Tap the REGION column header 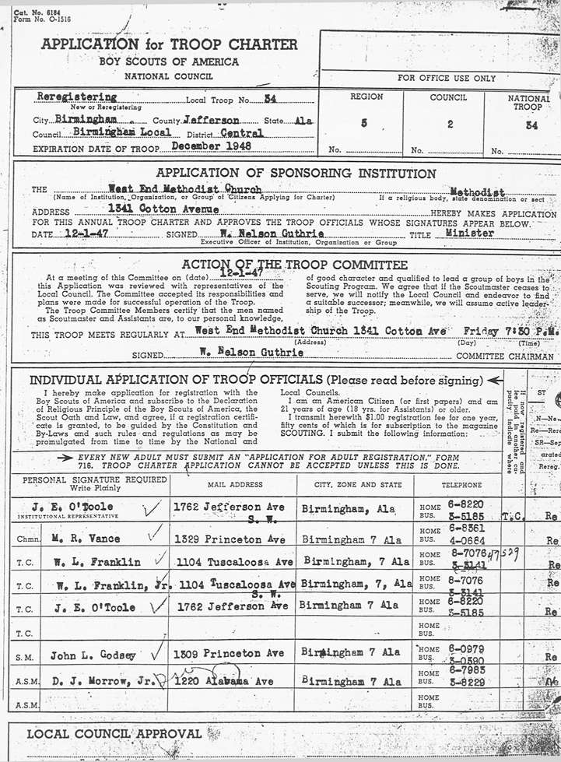[x=366, y=97]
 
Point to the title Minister [x=469, y=233]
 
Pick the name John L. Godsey [x=93, y=655]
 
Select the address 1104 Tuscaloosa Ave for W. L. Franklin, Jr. [x=231, y=584]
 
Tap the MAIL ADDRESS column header [x=231, y=483]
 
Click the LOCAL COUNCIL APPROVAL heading [x=114, y=733]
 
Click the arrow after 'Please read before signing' [x=493, y=380]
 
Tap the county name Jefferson [x=212, y=121]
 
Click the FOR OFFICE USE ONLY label [x=446, y=78]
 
